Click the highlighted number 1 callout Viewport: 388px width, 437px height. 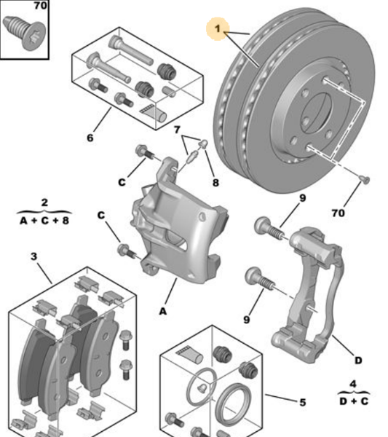coord(217,31)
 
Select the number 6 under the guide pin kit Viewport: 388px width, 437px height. coord(90,138)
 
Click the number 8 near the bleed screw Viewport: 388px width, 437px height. coord(215,183)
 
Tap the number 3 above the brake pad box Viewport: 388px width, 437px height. coord(33,256)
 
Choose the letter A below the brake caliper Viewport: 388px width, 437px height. coord(162,310)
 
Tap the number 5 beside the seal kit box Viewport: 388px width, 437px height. coord(301,401)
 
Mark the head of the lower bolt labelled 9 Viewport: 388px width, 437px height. coord(254,277)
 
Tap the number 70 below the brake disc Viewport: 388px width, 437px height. coord(337,213)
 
